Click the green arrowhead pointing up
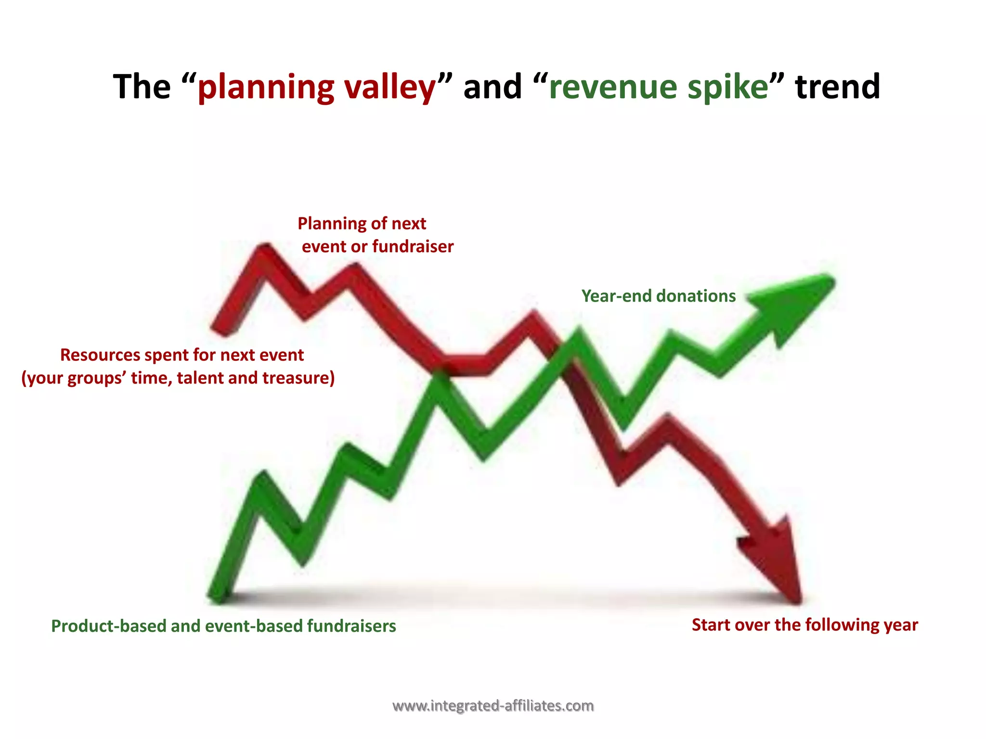click(x=799, y=303)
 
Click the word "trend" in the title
click(x=838, y=87)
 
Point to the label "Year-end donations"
click(x=658, y=296)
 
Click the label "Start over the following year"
click(x=804, y=625)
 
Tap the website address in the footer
click(x=493, y=706)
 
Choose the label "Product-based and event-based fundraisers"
click(x=223, y=626)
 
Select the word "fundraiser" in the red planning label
click(x=413, y=247)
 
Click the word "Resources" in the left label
click(x=100, y=355)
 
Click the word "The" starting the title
click(x=142, y=87)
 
